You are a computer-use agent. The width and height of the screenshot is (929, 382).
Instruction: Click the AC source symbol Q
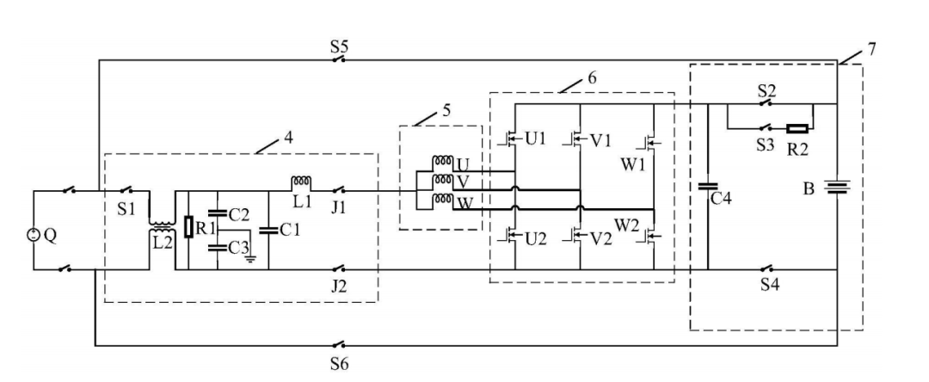click(x=33, y=235)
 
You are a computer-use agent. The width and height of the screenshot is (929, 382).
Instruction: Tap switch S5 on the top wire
click(x=339, y=59)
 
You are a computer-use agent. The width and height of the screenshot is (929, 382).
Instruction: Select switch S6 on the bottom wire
click(x=339, y=344)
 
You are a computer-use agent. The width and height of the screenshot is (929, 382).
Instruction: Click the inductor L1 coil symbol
click(x=300, y=181)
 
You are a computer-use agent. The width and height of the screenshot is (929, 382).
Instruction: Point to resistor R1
click(x=188, y=227)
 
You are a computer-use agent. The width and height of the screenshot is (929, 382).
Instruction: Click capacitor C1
click(x=268, y=231)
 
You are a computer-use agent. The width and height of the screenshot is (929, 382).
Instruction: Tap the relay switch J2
click(x=339, y=268)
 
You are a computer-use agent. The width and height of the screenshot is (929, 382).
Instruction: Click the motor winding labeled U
click(x=443, y=161)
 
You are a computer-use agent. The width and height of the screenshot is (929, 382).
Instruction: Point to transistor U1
click(x=508, y=139)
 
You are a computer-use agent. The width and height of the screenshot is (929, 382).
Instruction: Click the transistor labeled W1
click(x=652, y=141)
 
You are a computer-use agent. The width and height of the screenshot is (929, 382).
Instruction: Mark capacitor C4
click(x=708, y=186)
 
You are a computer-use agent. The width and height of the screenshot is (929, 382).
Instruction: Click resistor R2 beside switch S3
click(x=797, y=128)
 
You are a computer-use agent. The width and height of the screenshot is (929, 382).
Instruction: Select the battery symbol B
click(x=837, y=188)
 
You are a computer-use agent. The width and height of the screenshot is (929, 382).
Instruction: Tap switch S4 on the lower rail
click(x=768, y=268)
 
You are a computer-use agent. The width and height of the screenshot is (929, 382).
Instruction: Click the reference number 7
click(x=871, y=48)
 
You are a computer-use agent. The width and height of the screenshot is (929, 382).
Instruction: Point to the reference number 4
click(x=287, y=137)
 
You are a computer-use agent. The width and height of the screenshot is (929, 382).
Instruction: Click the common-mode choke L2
click(x=162, y=226)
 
